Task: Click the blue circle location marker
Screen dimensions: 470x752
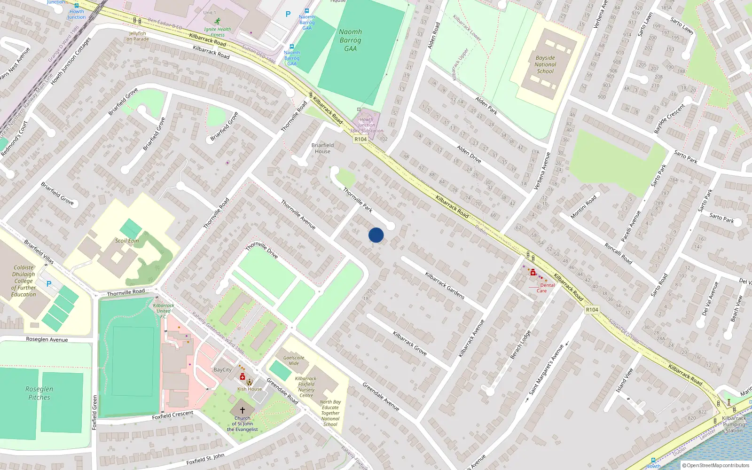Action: pos(376,235)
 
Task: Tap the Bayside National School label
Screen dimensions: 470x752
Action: pos(545,65)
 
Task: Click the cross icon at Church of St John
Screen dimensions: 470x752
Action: pos(242,410)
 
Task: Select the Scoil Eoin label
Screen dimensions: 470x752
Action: pos(127,241)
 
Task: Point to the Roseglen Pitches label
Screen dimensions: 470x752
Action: pos(39,393)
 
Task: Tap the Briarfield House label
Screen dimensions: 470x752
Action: pos(322,148)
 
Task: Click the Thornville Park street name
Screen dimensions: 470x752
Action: pos(358,200)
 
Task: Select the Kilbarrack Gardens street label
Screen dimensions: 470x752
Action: pos(445,285)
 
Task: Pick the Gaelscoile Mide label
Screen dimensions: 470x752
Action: pos(294,360)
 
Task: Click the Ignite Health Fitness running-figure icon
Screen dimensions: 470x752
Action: pos(217,21)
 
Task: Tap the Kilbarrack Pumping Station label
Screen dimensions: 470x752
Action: pos(734,424)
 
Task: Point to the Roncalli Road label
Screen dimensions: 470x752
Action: pos(618,253)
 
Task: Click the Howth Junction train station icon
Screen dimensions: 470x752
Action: pos(77,6)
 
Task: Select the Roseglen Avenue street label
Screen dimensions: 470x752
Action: pos(47,339)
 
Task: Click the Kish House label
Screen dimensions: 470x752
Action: pos(250,389)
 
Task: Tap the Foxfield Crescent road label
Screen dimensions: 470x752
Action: pos(172,415)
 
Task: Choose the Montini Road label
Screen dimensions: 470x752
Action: pos(583,206)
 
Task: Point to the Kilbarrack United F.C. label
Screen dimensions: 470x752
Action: pos(163,311)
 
